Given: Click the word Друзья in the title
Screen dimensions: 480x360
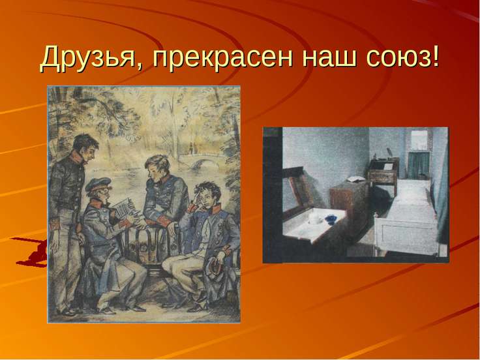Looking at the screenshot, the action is (87, 57).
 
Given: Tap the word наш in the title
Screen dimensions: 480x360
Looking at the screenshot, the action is (329, 58).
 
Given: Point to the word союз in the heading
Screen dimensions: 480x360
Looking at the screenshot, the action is (397, 58).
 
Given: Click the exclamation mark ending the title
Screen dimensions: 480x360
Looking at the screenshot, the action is (434, 55).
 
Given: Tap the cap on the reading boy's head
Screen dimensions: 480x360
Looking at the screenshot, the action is (98, 184).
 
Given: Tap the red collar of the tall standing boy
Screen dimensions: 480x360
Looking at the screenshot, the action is (77, 158).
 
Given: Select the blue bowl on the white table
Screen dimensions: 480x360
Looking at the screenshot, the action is (331, 218).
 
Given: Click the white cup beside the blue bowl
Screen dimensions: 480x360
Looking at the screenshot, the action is (314, 218).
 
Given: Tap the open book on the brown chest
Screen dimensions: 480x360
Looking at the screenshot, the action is (355, 179).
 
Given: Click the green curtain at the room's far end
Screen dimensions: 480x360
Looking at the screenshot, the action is (418, 165).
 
